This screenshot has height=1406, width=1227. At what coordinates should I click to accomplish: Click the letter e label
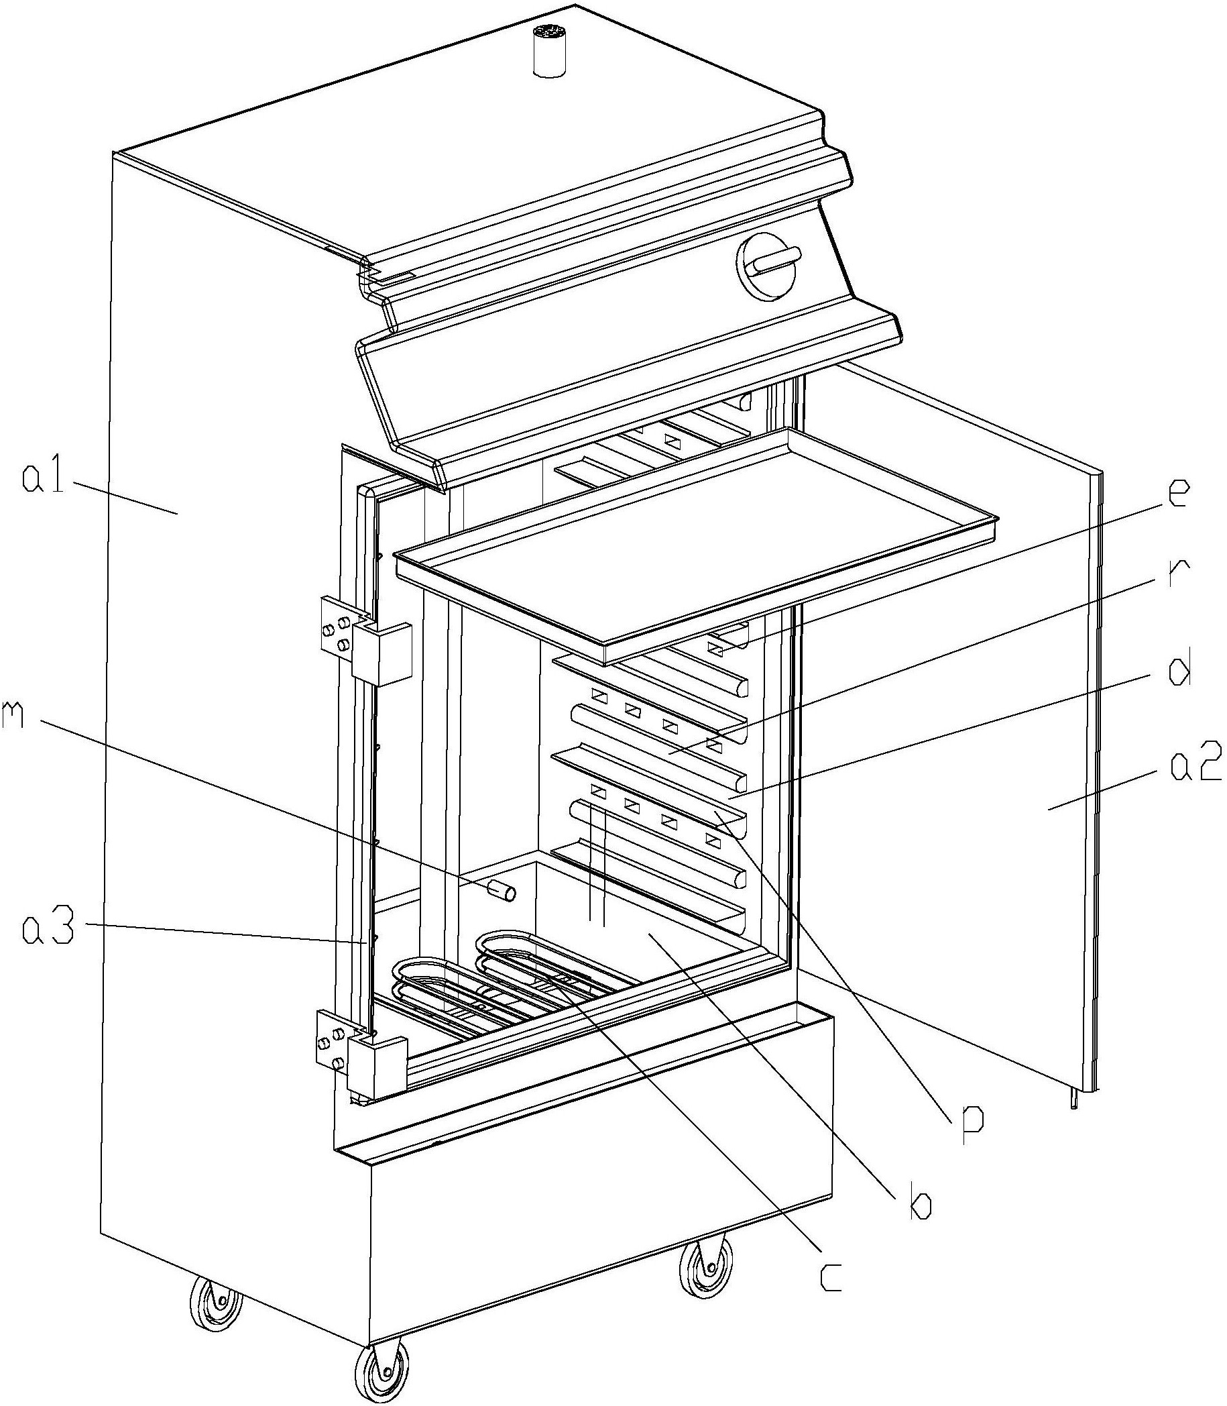coord(1171,493)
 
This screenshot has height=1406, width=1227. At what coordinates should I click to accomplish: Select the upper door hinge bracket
coord(366,641)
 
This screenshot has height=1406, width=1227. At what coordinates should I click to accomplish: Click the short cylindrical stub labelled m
coord(502,891)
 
